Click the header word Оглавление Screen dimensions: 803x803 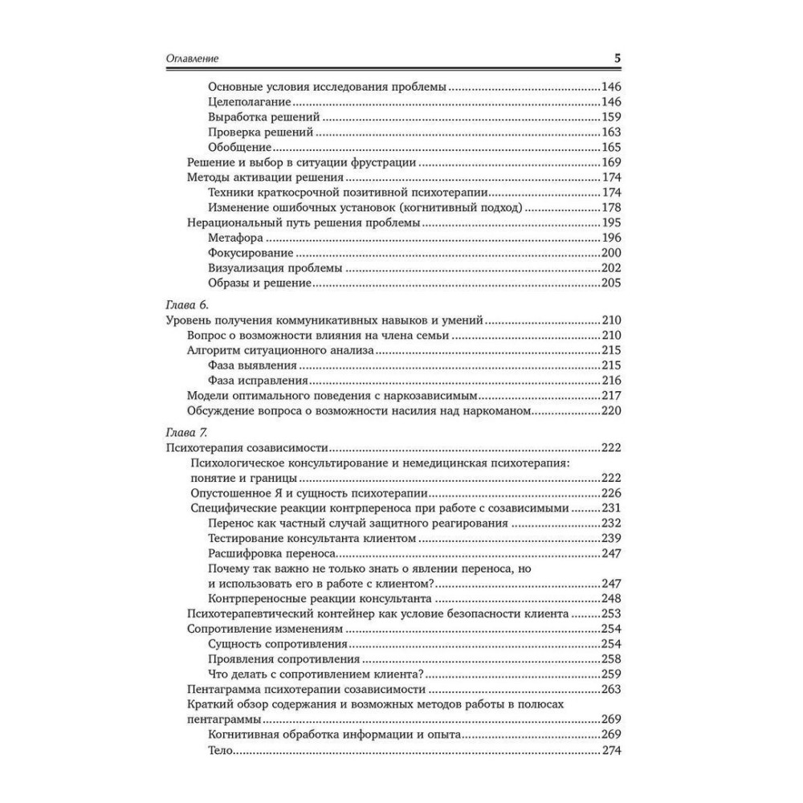(192, 59)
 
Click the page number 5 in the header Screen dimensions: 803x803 (617, 59)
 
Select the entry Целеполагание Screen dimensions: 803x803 (248, 102)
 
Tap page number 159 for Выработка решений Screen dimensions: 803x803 (612, 117)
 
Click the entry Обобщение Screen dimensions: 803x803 (238, 147)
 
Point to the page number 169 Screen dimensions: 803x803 (612, 162)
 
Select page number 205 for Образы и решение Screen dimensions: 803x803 (612, 283)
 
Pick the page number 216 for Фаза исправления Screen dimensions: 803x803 (612, 381)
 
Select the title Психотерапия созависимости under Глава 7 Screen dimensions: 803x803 (250, 448)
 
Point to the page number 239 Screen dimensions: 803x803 (612, 539)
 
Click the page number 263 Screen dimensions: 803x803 (612, 689)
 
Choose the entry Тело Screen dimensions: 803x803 (219, 750)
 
